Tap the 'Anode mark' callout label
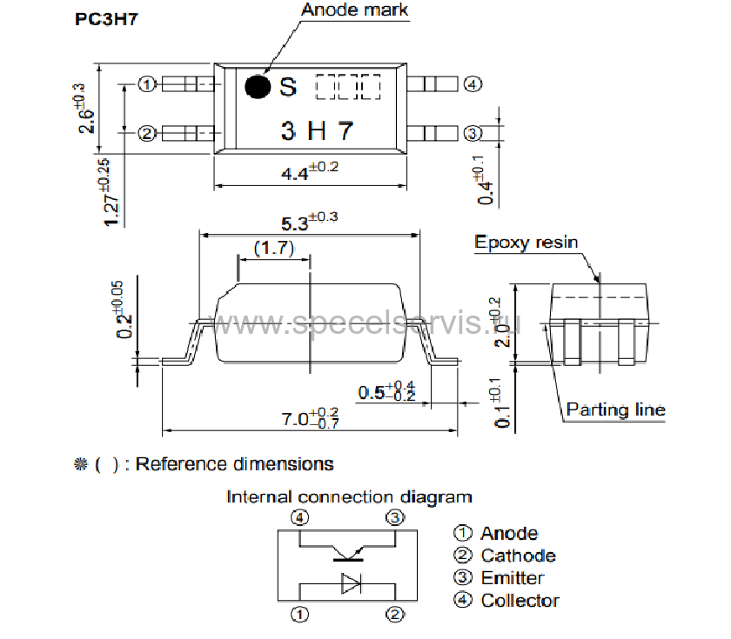point(354,10)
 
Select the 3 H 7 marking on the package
point(317,130)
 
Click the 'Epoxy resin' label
point(526,243)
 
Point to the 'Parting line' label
point(615,409)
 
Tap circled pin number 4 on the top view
point(472,84)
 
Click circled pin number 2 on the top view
point(147,133)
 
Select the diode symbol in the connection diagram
point(351,582)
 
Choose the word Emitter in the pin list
point(512,578)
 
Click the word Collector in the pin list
point(520,601)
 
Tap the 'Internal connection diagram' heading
point(349,497)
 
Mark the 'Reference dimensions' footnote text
point(233,464)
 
